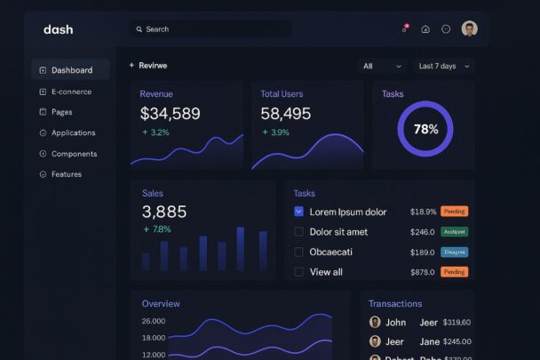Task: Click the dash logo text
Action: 59,29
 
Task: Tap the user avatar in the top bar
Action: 469,28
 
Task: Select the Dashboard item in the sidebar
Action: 71,70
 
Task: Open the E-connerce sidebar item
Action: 70,92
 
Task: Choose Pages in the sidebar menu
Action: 61,112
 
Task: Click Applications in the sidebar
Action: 73,132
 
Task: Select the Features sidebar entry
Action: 66,174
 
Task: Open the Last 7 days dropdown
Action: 442,66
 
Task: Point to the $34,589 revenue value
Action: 170,114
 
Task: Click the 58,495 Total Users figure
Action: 286,114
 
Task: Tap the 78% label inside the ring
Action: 425,129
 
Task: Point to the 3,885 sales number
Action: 164,212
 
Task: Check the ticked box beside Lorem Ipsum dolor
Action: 298,212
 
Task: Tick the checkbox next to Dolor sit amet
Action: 298,232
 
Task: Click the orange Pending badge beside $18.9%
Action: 454,212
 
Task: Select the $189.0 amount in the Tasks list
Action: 422,252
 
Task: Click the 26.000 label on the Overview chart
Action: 154,321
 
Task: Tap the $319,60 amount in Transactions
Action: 457,322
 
